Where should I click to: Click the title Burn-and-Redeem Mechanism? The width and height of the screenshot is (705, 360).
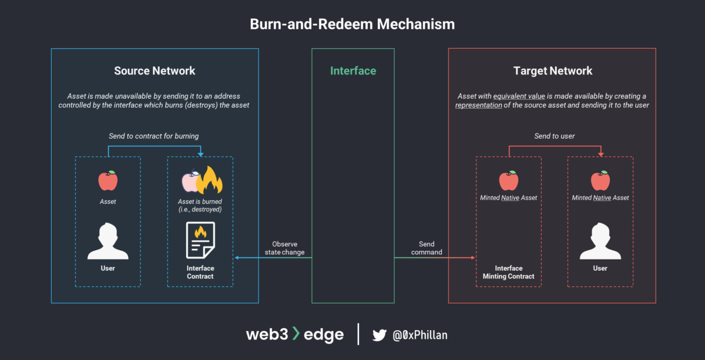(x=352, y=24)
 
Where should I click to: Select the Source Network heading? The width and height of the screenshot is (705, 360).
(x=155, y=71)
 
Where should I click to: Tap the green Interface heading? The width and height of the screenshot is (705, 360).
(x=353, y=71)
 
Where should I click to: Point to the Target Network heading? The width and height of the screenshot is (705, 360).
(x=552, y=71)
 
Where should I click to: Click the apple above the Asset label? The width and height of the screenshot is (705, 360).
(x=108, y=181)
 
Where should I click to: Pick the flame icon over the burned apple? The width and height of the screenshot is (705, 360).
(x=210, y=180)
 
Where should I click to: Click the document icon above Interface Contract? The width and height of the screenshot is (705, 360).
(x=200, y=240)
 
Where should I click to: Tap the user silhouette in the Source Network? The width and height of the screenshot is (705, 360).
(x=108, y=241)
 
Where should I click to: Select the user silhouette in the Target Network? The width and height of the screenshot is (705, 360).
(x=600, y=241)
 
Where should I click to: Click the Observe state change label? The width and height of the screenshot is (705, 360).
(x=284, y=248)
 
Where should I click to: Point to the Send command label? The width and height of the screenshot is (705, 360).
(x=427, y=248)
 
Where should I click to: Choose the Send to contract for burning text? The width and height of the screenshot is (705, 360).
(x=154, y=136)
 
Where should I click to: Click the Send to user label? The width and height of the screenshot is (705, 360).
(x=555, y=136)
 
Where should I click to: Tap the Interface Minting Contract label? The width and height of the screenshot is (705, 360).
(x=509, y=272)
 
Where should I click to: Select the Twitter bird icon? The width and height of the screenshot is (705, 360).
(x=380, y=335)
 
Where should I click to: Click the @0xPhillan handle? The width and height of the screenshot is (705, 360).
(x=419, y=335)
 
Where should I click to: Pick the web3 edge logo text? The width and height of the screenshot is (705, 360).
(x=294, y=335)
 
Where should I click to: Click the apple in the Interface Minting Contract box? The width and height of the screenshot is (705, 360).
(x=508, y=181)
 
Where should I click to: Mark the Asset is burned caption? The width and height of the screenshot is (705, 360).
(x=200, y=205)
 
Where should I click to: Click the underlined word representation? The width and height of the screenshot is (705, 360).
(x=478, y=105)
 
